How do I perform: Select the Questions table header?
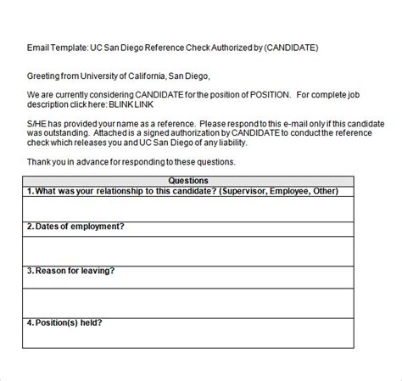(188, 181)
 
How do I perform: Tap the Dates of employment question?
(76, 227)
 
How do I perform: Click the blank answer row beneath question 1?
(188, 208)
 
